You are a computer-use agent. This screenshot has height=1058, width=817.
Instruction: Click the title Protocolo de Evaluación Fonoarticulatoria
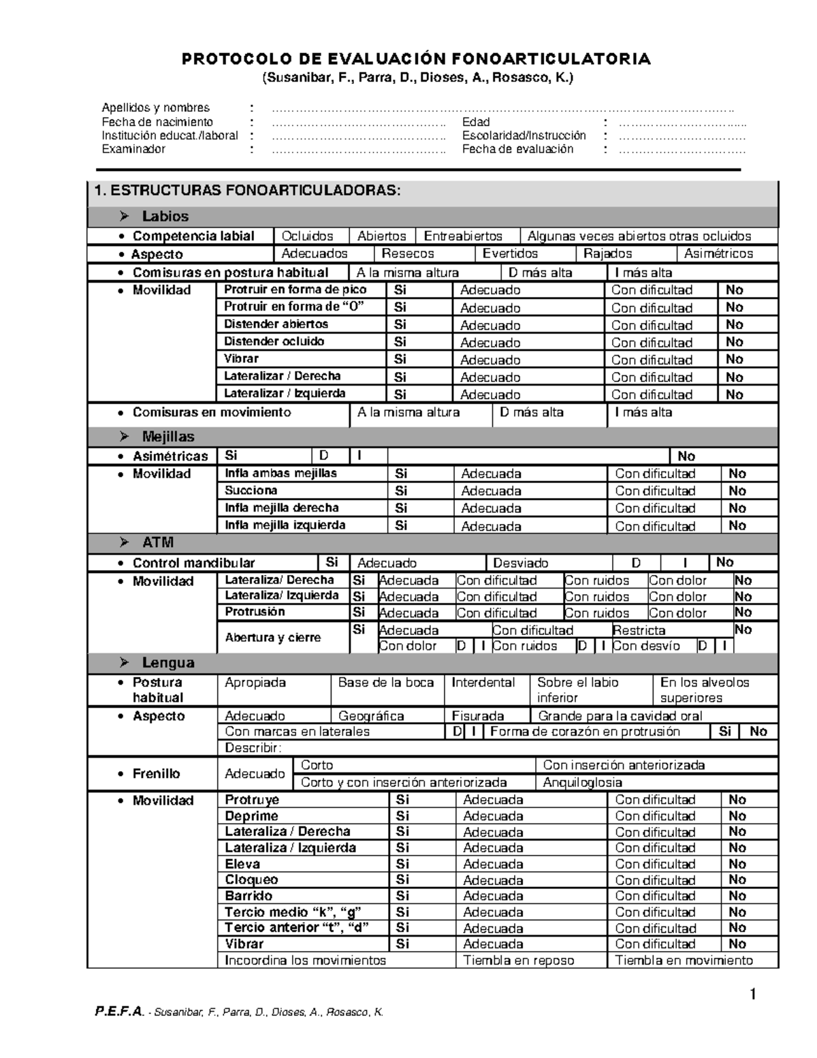pos(416,59)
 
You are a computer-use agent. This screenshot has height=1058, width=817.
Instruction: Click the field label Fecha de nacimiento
pos(157,122)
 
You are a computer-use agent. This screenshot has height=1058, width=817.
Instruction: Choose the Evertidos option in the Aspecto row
pos(510,254)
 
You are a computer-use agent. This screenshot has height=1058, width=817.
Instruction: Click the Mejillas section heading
pos(167,437)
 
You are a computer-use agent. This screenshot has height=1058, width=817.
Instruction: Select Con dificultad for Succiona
pos(655,491)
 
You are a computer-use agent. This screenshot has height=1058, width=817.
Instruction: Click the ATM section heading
pos(157,543)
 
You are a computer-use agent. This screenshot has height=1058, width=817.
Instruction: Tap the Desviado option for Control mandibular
pos(520,563)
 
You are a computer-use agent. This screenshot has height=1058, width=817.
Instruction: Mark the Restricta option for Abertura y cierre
pos(639,631)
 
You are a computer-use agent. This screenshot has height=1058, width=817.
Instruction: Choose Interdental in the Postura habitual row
pos(483,683)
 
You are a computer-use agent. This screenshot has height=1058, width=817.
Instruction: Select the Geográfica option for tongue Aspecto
pos(371,716)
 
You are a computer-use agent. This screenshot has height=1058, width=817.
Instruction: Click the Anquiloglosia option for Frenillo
pos(582,783)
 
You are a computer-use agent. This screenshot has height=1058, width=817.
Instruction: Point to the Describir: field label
pos(253,748)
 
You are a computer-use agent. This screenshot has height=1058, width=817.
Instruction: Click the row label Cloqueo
pos(251,880)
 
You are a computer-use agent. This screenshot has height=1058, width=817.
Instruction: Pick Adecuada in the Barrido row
pos(493,897)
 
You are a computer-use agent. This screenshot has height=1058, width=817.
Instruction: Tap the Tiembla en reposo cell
pos(518,961)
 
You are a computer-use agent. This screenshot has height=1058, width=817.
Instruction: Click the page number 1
pos(753,995)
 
